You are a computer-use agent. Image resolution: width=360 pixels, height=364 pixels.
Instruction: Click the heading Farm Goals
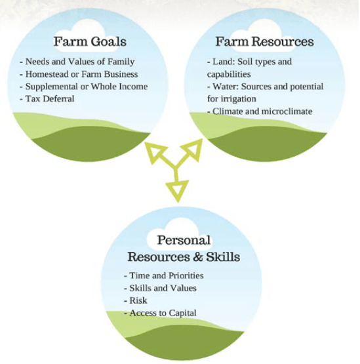click(90, 41)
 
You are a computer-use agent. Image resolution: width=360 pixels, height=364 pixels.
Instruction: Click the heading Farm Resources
click(265, 41)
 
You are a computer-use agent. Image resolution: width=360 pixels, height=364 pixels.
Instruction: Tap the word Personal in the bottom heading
click(184, 240)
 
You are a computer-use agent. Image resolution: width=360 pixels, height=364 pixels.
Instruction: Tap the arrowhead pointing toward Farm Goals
click(155, 153)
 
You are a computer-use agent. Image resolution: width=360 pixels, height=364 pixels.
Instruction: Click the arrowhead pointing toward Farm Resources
click(191, 150)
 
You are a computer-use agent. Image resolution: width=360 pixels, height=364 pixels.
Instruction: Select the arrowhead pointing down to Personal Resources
click(177, 191)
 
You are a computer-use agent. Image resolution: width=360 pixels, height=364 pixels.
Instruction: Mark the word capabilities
click(229, 74)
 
